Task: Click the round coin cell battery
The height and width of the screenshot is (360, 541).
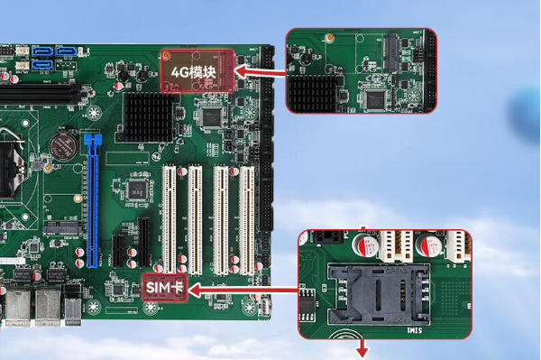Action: click(63, 145)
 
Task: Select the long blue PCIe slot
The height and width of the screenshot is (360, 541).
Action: click(92, 199)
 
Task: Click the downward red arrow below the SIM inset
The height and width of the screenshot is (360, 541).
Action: click(363, 349)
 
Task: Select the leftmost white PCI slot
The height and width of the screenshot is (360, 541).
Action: click(169, 217)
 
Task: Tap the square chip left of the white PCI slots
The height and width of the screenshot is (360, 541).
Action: click(137, 188)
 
